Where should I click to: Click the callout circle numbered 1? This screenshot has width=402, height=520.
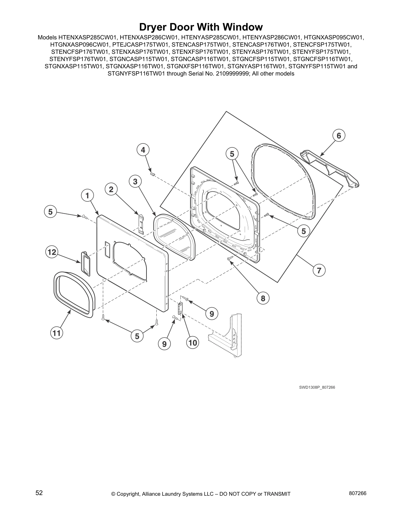coord(87,196)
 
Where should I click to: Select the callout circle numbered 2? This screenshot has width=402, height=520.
coord(111,189)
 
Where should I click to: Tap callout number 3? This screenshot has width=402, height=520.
coord(135,182)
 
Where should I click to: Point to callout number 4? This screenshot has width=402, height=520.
coord(143,150)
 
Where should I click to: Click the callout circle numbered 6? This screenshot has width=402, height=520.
coord(339,136)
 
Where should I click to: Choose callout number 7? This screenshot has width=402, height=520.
coord(319,271)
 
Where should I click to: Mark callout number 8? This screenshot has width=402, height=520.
coord(263,298)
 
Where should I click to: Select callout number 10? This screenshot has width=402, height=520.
coord(193,343)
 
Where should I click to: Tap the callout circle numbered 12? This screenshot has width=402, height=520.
coord(52,252)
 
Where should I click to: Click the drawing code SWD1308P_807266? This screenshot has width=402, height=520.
coord(317,387)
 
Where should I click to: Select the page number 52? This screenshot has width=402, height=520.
coord(39,493)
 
